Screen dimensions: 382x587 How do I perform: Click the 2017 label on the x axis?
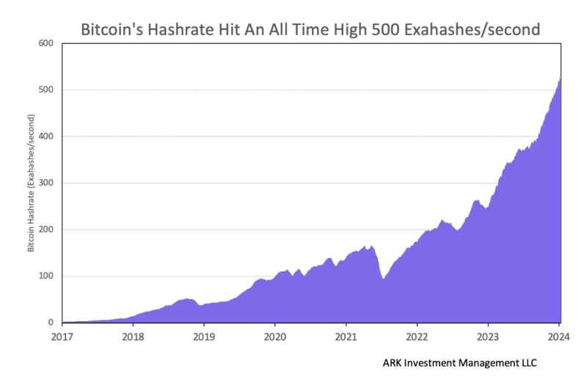click(x=62, y=338)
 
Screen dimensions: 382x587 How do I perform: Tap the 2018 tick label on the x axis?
click(x=133, y=338)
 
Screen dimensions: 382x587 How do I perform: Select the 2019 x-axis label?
click(x=204, y=338)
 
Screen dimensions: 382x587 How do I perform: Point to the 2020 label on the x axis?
click(x=275, y=338)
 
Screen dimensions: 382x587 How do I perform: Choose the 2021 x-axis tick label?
click(x=346, y=338)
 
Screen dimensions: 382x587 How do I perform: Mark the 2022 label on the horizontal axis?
click(x=417, y=338)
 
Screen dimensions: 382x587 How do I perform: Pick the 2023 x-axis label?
click(x=488, y=338)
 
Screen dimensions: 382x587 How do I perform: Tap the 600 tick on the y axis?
click(x=46, y=43)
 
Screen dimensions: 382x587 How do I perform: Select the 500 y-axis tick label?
click(x=46, y=90)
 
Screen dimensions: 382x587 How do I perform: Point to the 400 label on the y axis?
click(x=46, y=136)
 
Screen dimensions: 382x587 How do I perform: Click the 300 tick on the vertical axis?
click(x=46, y=183)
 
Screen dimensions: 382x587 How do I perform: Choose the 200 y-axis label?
click(x=46, y=229)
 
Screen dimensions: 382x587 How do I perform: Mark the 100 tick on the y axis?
click(x=46, y=276)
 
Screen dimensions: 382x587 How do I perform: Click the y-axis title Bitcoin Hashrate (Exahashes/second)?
click(x=32, y=183)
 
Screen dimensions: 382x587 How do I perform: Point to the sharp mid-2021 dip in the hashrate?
click(x=383, y=279)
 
